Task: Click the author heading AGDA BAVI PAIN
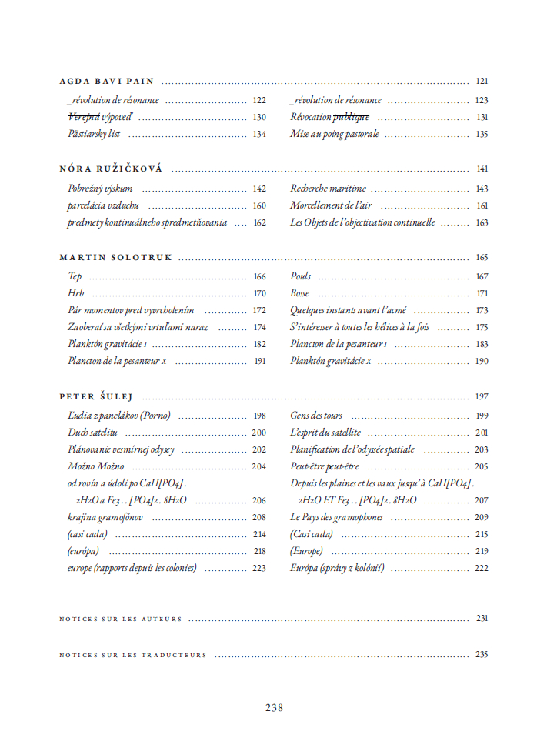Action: (x=107, y=81)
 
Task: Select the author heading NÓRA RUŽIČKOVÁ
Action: (x=111, y=169)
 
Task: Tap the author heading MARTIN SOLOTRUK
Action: (x=115, y=258)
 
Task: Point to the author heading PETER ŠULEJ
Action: (x=96, y=397)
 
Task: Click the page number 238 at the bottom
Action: (x=274, y=708)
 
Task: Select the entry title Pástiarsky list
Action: (x=94, y=134)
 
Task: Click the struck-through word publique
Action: (x=351, y=117)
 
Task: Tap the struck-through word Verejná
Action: (x=84, y=117)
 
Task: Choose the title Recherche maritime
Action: (x=328, y=189)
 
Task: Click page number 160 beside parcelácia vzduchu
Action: (x=258, y=205)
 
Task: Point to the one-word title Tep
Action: (x=75, y=276)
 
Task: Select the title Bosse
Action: (x=300, y=293)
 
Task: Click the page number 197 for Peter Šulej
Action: (x=482, y=397)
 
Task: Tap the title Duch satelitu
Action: (x=92, y=433)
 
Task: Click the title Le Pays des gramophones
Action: (x=336, y=517)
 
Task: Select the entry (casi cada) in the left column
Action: (x=87, y=534)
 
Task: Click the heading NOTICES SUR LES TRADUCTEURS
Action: (x=133, y=656)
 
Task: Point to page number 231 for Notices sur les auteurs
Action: (x=482, y=618)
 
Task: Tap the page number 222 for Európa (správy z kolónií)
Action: (x=482, y=568)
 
